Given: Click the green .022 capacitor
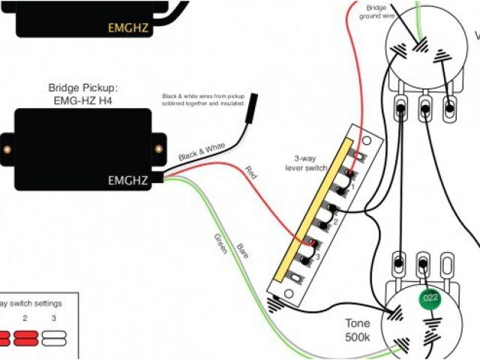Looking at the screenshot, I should click(428, 299).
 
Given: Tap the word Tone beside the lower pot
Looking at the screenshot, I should click(358, 324).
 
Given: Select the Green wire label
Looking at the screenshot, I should click(219, 244).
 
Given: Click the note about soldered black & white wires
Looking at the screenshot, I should click(205, 100).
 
